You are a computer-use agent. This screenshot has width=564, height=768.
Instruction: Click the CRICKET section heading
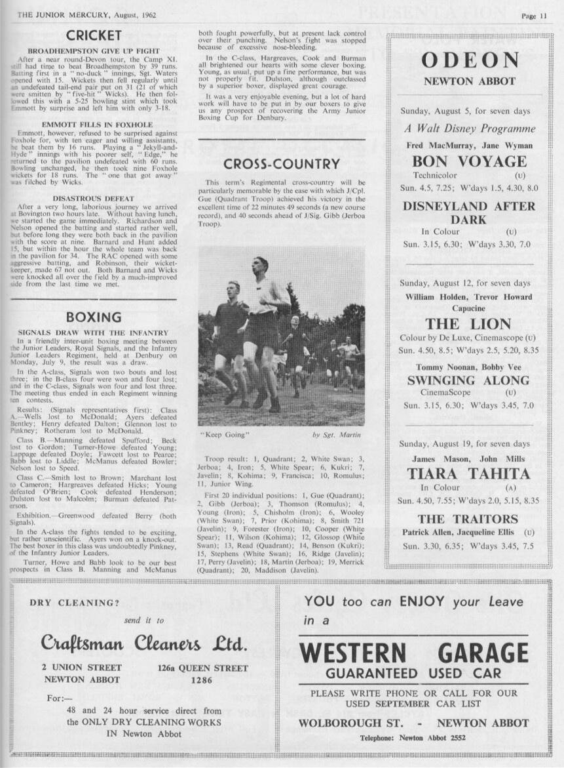[94, 35]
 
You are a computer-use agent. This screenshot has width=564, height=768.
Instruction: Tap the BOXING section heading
[94, 317]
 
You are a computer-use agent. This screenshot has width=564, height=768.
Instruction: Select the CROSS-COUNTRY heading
[281, 164]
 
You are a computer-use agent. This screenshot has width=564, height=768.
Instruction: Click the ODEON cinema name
[469, 60]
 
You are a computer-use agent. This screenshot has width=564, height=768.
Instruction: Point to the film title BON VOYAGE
[469, 161]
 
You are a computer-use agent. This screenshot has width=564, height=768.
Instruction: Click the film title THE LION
[468, 323]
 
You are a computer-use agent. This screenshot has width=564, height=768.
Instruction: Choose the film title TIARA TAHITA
[468, 473]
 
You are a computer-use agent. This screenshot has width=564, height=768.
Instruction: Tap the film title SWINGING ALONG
[468, 380]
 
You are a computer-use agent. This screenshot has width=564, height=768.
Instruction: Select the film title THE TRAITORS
[468, 519]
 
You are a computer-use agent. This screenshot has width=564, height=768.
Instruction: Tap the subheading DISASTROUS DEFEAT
[93, 198]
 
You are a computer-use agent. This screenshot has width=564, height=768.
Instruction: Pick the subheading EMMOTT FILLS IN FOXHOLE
[93, 124]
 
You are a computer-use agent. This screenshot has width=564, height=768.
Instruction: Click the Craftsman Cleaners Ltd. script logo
[144, 643]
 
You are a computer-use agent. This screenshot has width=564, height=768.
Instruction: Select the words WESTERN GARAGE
[413, 653]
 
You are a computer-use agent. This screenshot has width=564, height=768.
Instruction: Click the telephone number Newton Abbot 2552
[432, 738]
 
